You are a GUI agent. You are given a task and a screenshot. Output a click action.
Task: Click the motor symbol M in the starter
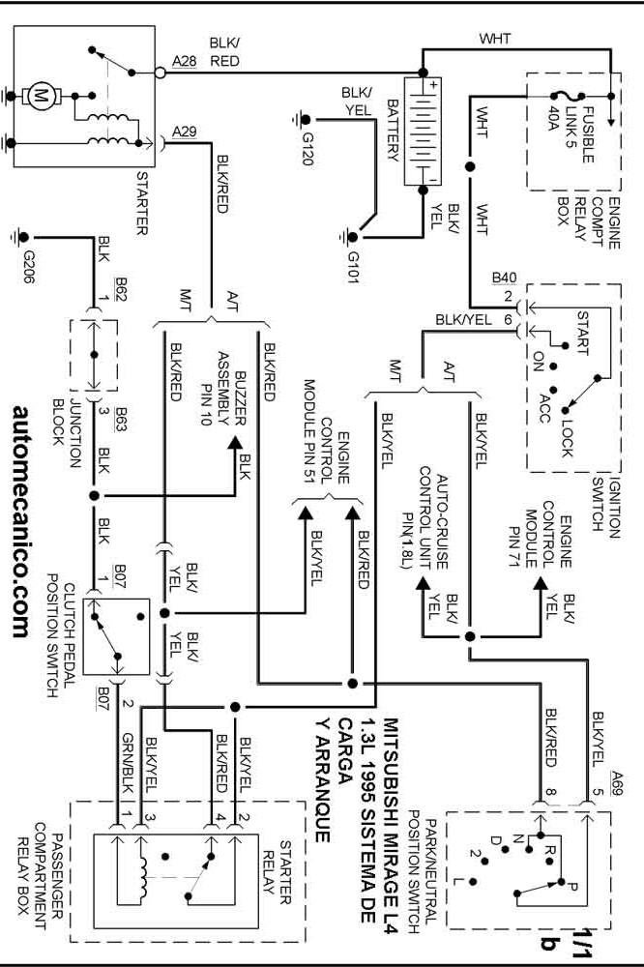click(x=41, y=95)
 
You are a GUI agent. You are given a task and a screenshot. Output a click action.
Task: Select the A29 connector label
click(x=184, y=130)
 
